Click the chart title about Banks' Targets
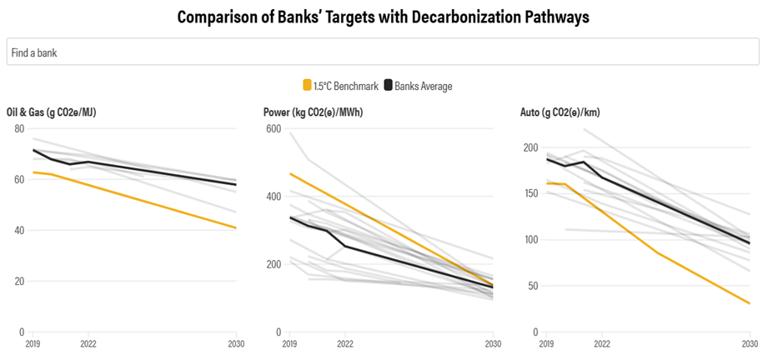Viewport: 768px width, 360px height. coord(384,17)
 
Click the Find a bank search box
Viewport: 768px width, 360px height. coord(384,52)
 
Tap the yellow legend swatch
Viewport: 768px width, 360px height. coord(307,85)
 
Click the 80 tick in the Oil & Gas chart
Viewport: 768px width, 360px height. coord(18,128)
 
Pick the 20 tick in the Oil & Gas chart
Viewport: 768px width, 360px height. coord(18,281)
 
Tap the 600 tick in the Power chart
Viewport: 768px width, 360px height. coord(274,128)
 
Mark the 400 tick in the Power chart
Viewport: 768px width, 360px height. coord(274,196)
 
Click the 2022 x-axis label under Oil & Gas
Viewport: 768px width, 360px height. coord(88,343)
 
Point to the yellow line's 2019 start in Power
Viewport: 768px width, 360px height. coord(289,173)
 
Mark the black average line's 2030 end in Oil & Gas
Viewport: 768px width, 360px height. coord(236,184)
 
